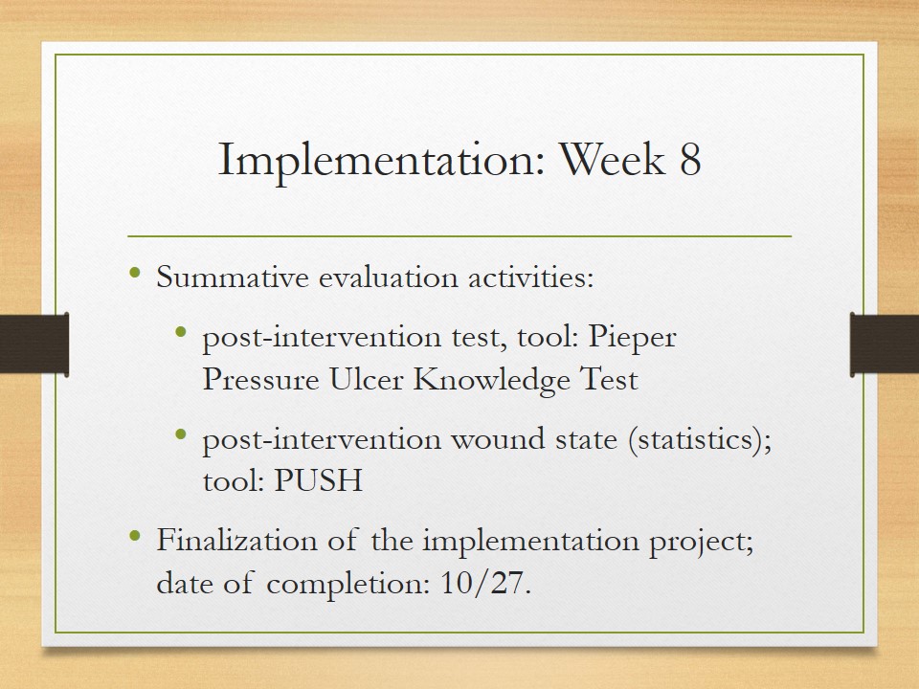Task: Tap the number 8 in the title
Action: (x=690, y=159)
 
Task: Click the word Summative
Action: (x=232, y=278)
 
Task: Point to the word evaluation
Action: (x=388, y=278)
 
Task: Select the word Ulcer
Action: (x=366, y=379)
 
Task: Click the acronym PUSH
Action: (x=318, y=480)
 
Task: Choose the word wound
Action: (x=498, y=439)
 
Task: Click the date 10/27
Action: (x=485, y=583)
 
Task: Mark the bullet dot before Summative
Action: (x=135, y=273)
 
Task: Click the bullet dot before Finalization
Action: (x=135, y=535)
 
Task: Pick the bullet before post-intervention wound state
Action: (x=181, y=434)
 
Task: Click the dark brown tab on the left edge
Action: (x=34, y=344)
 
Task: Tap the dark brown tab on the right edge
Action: (x=885, y=344)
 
